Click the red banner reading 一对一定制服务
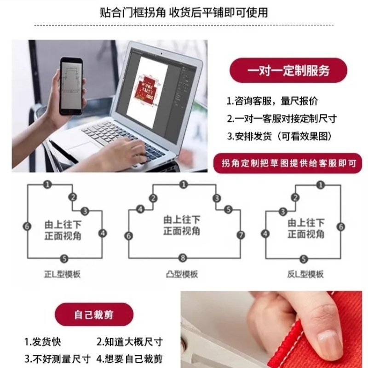coord(288,71)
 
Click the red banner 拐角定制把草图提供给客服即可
coord(288,163)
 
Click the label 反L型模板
coord(305,274)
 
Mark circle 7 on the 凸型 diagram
coord(241,235)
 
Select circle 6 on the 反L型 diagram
coord(340,226)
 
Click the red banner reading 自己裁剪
coord(94,315)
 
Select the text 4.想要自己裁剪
coord(130,358)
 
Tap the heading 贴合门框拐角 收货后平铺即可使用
coord(184,12)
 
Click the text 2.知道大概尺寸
coord(130,342)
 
